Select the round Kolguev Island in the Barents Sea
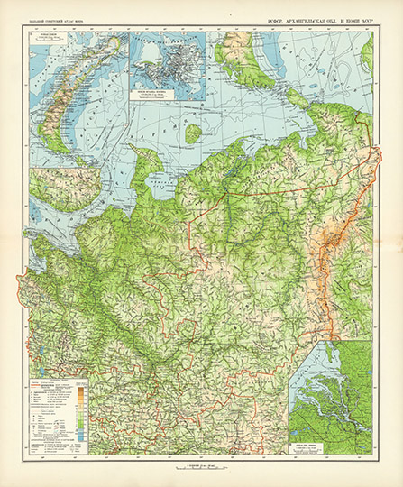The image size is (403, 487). (192, 133)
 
